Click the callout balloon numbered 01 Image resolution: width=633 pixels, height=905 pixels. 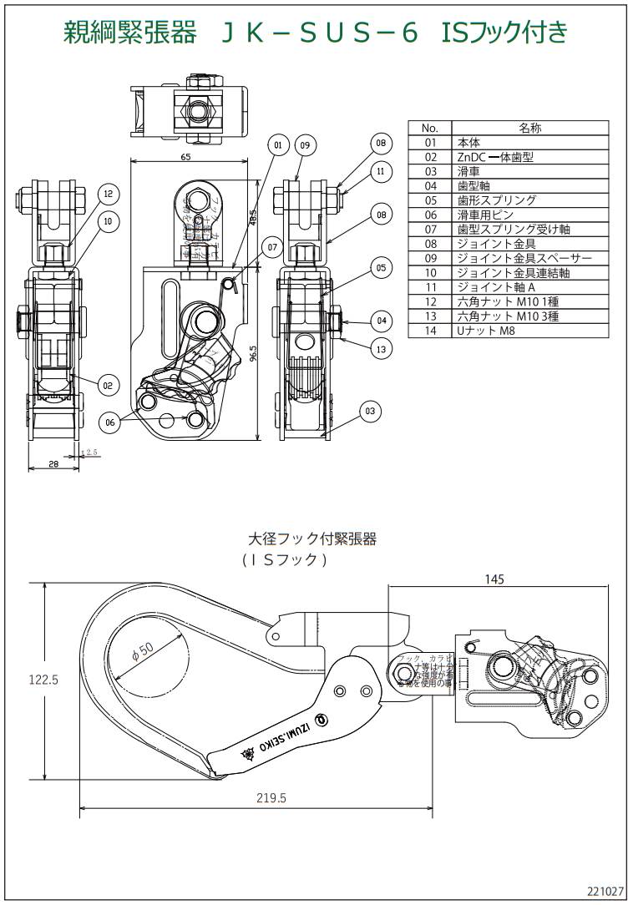[x=278, y=144]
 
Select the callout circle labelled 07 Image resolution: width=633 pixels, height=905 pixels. [x=269, y=245]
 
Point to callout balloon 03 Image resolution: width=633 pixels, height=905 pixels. [x=371, y=410]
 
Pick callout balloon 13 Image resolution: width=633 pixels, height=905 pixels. [x=381, y=349]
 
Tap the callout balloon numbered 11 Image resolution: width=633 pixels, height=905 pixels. [x=381, y=171]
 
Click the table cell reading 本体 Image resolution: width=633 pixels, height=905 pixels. [x=469, y=143]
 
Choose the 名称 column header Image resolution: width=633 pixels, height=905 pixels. [x=529, y=129]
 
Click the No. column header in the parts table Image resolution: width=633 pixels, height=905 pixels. [x=430, y=129]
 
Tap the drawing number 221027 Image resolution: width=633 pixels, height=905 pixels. [x=605, y=892]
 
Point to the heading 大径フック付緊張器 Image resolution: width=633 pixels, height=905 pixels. [x=312, y=539]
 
